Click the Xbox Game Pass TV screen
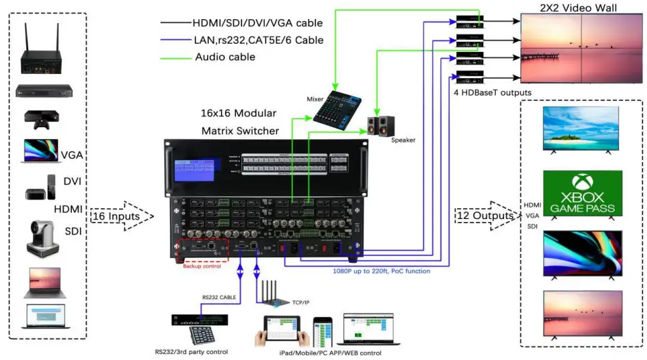click(x=582, y=193)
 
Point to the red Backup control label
click(x=202, y=266)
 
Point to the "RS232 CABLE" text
click(x=220, y=298)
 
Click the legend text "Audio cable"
click(x=225, y=57)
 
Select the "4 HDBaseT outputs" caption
click(x=491, y=92)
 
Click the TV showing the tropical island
click(x=582, y=129)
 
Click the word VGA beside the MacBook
click(x=72, y=155)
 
